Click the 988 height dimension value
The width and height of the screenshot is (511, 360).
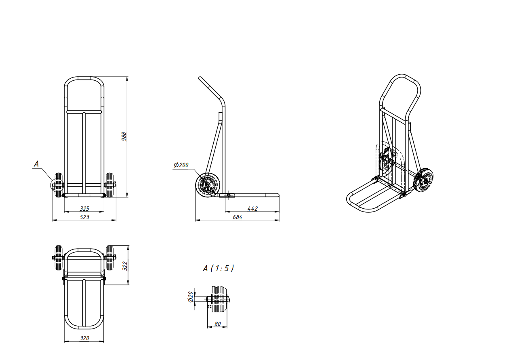pyautogui.click(x=124, y=136)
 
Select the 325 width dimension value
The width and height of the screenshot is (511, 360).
pyautogui.click(x=84, y=209)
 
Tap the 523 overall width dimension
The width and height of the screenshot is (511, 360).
pyautogui.click(x=84, y=217)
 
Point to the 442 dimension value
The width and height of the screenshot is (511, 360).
pyautogui.click(x=252, y=209)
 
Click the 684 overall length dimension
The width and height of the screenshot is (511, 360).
pyautogui.click(x=238, y=217)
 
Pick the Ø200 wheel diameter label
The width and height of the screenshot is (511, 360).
pyautogui.click(x=181, y=165)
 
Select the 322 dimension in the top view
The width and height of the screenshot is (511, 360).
pyautogui.click(x=125, y=266)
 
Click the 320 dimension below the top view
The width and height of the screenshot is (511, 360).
pyautogui.click(x=84, y=338)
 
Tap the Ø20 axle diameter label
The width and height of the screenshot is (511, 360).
pyautogui.click(x=191, y=297)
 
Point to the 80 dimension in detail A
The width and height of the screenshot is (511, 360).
pyautogui.click(x=218, y=324)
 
